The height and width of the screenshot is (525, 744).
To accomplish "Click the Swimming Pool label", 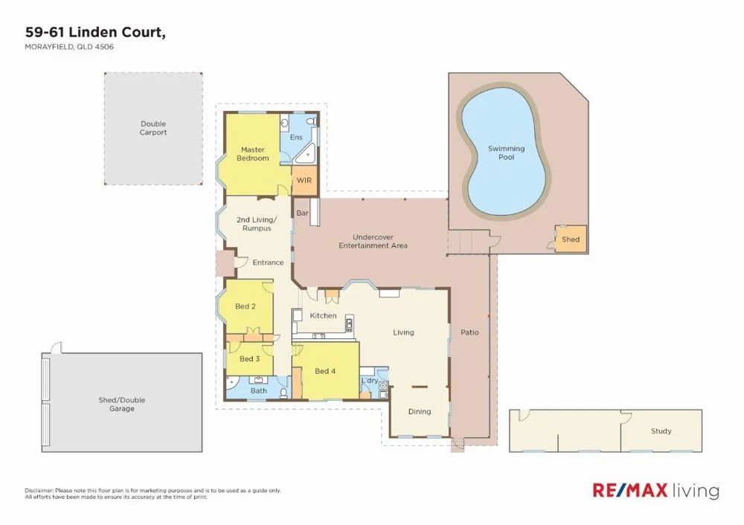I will pos(506,152).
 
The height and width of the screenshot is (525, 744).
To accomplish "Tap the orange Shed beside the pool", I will pos(571,239).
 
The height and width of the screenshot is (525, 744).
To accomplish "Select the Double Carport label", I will pos(153,128).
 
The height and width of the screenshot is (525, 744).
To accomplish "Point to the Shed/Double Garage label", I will pos(122,405).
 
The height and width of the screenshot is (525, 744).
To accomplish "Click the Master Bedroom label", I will pos(252,154).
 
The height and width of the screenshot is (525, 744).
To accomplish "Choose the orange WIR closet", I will pos(304,181).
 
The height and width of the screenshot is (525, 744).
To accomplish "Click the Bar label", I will pos(302,213).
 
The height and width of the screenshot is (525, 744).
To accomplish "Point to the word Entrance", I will pos(268,262).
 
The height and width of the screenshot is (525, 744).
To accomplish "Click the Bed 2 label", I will pos(246,306).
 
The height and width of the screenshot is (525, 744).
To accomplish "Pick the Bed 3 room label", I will pos(248,359).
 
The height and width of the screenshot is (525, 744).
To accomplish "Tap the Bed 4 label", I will pos(325,371).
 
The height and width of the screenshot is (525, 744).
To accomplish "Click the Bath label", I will pos(259,390).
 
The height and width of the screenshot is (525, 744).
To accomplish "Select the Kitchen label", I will pos(323,316).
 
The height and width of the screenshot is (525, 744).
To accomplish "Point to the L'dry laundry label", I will pos(370,381).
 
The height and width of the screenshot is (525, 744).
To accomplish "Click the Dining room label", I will pos(420,411).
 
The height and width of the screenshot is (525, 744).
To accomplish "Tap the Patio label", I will pos(469,332).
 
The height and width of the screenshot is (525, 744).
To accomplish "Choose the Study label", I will pos(661,431).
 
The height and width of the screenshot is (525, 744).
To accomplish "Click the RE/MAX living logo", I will pos(655,491).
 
